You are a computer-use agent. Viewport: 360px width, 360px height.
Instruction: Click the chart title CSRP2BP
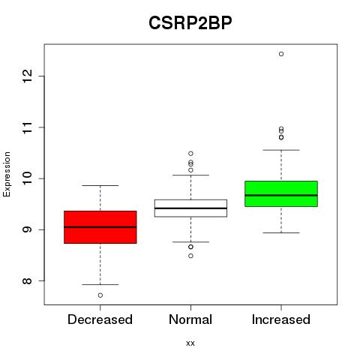(190, 23)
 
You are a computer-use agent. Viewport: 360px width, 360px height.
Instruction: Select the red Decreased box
(100, 227)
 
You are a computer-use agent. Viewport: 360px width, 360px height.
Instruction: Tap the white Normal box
(190, 208)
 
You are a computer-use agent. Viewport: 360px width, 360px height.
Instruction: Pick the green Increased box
(281, 193)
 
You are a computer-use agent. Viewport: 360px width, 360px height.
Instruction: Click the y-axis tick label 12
(28, 76)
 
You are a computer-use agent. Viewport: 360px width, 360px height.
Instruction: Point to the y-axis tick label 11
(28, 127)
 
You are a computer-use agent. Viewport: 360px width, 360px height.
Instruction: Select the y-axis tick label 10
(28, 178)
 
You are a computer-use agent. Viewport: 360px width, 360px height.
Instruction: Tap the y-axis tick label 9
(28, 229)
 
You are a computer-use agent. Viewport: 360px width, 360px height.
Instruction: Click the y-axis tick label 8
(28, 280)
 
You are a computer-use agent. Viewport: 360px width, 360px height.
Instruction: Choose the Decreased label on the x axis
(100, 319)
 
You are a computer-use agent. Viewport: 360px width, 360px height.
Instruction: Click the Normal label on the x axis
(190, 319)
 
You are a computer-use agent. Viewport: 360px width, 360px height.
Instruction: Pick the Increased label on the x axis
(281, 319)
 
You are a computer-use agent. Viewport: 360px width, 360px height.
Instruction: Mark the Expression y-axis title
(7, 174)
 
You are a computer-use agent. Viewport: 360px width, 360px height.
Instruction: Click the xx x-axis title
(190, 343)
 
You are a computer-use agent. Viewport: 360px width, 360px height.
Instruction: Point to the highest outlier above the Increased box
(281, 54)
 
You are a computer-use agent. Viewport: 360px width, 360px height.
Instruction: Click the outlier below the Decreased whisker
(100, 295)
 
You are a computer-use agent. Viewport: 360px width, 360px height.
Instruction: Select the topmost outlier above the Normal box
(190, 153)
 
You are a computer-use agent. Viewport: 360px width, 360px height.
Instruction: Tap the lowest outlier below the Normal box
(190, 256)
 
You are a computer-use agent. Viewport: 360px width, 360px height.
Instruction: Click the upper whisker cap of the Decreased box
(100, 185)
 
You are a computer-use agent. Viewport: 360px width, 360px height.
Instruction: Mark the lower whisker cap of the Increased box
(281, 232)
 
